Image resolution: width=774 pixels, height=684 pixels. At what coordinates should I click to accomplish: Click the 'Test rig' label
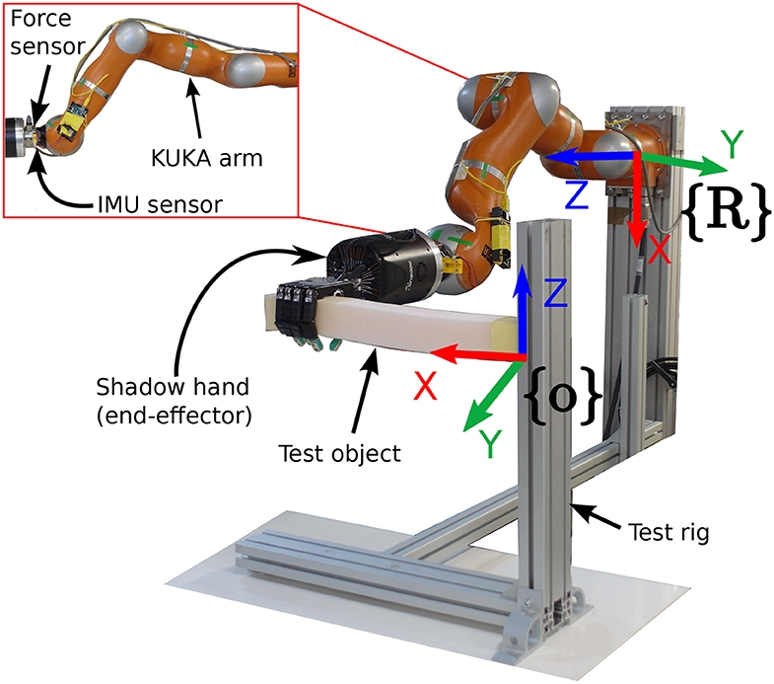click(x=667, y=533)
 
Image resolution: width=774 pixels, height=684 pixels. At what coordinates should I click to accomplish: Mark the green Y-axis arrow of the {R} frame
click(x=680, y=161)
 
